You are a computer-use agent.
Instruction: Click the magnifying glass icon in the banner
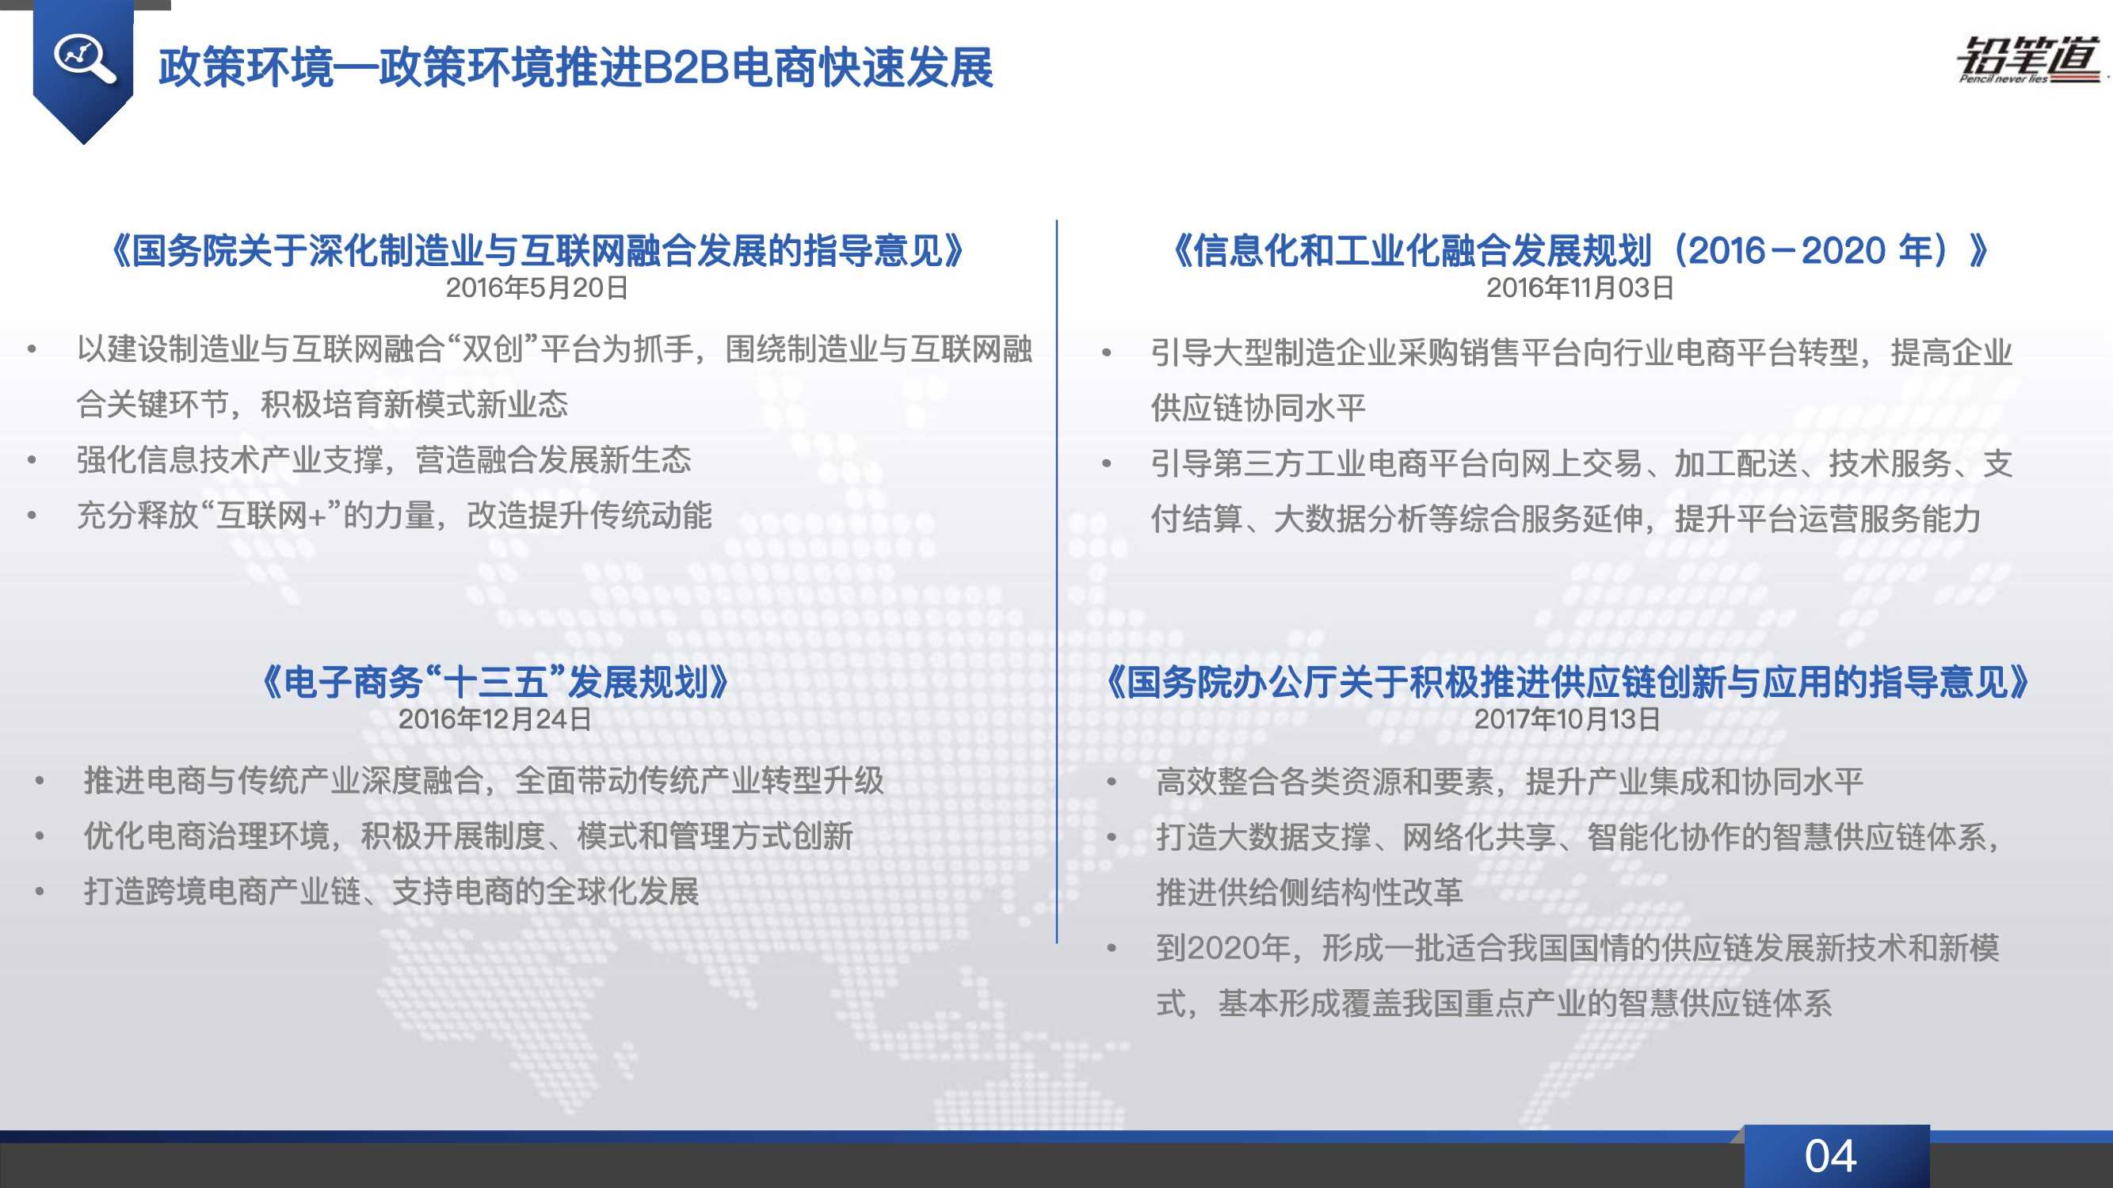coord(84,59)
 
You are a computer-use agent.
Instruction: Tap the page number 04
coord(1830,1156)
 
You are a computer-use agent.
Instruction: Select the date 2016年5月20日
coord(536,287)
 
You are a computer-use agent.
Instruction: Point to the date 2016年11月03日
coord(1580,287)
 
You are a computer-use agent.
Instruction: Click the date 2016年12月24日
coord(494,719)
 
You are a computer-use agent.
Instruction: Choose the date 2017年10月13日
coord(1566,719)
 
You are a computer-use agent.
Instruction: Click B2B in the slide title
coord(687,67)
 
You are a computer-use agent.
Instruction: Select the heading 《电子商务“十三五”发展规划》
coord(494,682)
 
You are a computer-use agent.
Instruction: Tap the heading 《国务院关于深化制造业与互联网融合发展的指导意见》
coord(536,250)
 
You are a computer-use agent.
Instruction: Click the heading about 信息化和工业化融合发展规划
coord(1580,250)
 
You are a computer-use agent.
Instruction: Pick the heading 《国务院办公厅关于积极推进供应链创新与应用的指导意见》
coord(1566,682)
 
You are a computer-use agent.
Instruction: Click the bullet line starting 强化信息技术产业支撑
coord(384,460)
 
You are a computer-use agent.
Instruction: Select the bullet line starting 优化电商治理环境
coord(468,836)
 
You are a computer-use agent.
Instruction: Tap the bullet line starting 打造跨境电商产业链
coord(391,891)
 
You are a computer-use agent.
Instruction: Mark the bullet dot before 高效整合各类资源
coord(1112,782)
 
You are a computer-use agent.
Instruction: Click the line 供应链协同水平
coord(1258,407)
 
